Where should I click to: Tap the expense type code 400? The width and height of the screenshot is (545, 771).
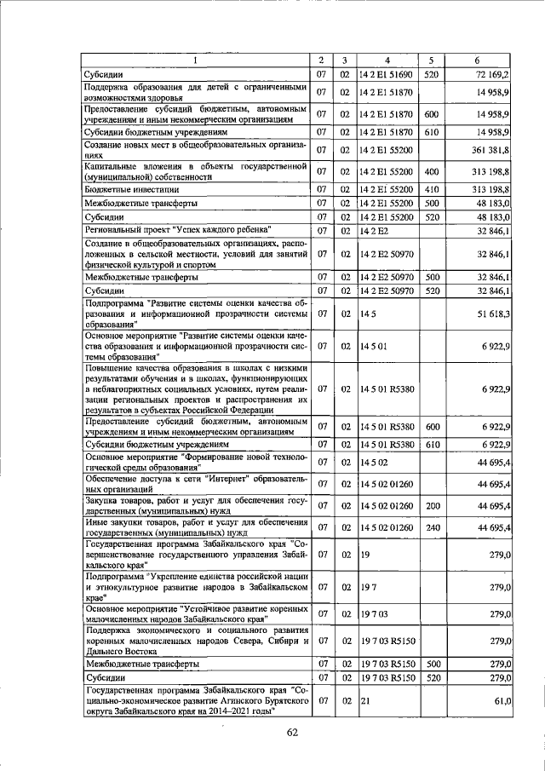pos(431,173)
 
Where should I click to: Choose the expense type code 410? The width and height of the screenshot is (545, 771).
pos(431,189)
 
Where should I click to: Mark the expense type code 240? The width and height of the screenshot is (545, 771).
pos(431,527)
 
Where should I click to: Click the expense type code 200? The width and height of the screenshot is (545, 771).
pos(431,506)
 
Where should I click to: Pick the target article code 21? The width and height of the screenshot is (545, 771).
pos(364,701)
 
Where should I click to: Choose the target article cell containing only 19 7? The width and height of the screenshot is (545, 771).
pos(368,587)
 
